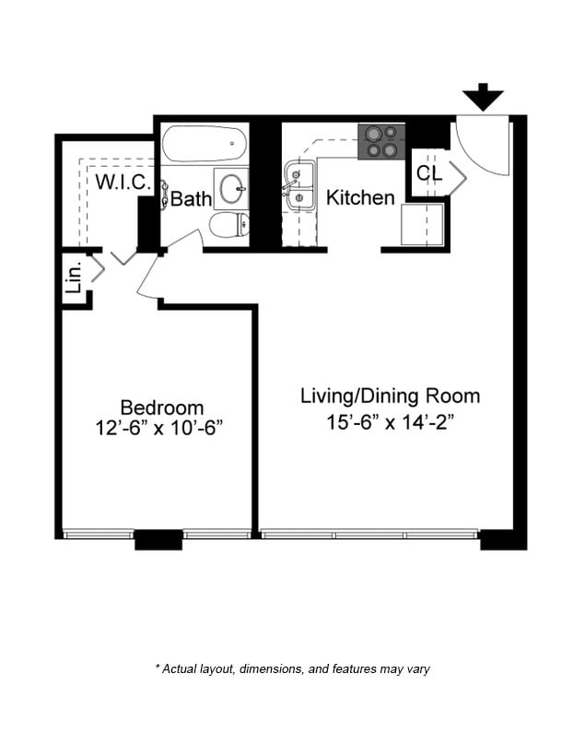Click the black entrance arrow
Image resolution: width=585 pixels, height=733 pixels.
point(483,97)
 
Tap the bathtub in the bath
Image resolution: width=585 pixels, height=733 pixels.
point(205,145)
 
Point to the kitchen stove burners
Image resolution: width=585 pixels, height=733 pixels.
point(382,142)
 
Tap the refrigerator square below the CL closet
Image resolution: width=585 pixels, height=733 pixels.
point(423,223)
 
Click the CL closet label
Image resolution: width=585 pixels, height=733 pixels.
point(429,173)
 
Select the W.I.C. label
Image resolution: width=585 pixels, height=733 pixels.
point(123,182)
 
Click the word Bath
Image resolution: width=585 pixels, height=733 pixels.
point(192,198)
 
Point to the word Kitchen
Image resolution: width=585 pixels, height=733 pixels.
point(360,197)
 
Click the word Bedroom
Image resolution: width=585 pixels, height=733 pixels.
point(162,408)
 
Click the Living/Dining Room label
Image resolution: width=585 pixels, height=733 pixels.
point(390,396)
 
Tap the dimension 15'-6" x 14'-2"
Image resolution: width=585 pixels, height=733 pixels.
point(390,423)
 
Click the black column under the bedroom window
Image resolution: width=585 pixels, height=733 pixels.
point(158,539)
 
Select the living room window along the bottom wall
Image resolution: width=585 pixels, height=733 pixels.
point(369,534)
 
